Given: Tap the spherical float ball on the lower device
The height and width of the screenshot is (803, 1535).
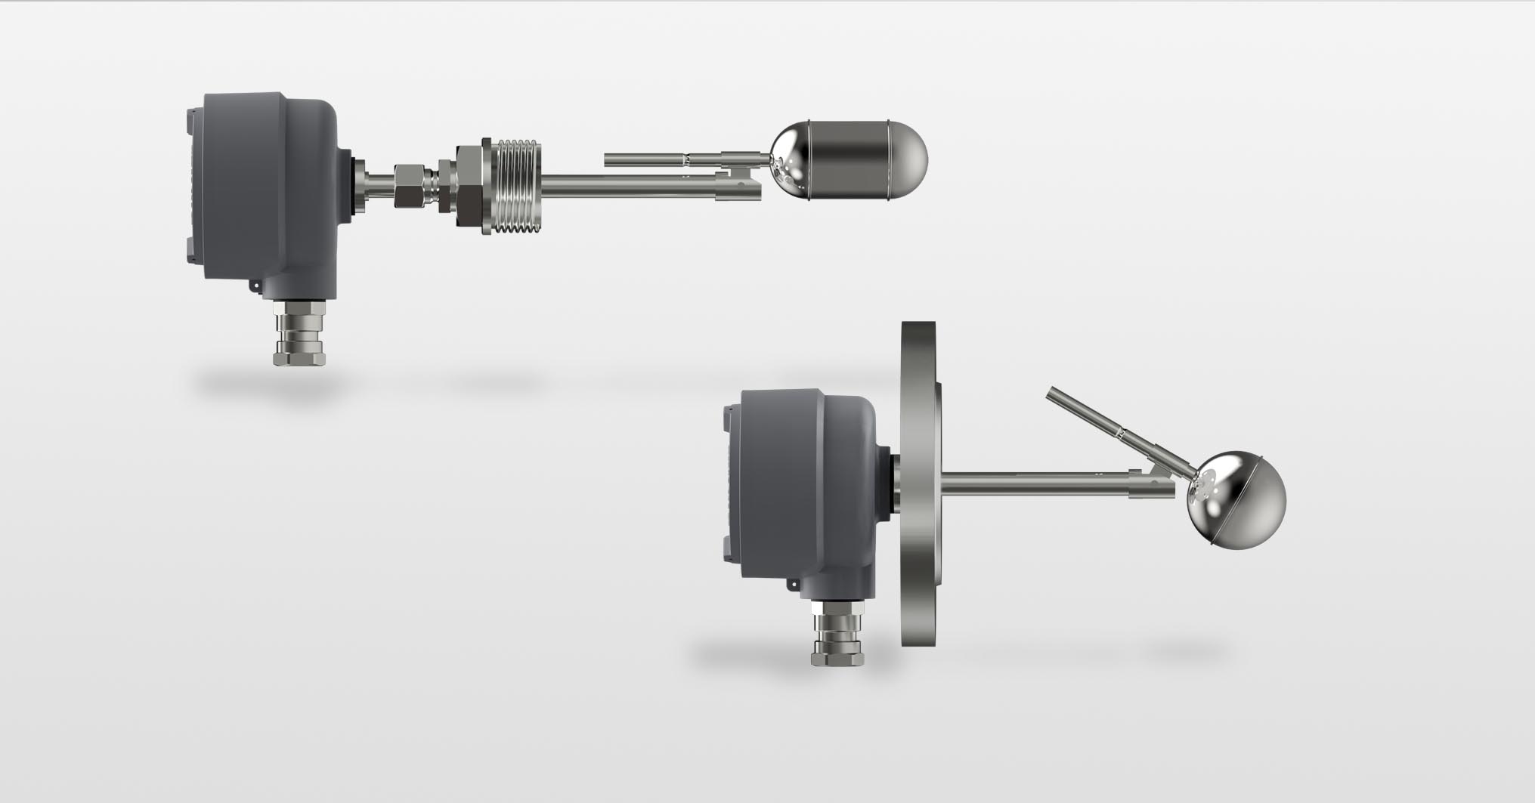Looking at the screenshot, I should (x=1236, y=500).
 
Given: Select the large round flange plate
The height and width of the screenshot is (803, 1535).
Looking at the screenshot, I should (x=920, y=483).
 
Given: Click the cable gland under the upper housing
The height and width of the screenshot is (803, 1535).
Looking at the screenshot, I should (x=299, y=332).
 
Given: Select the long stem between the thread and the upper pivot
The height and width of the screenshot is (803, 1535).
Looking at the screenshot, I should (x=620, y=182).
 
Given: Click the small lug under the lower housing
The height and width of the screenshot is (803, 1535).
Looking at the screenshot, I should (x=794, y=583).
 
